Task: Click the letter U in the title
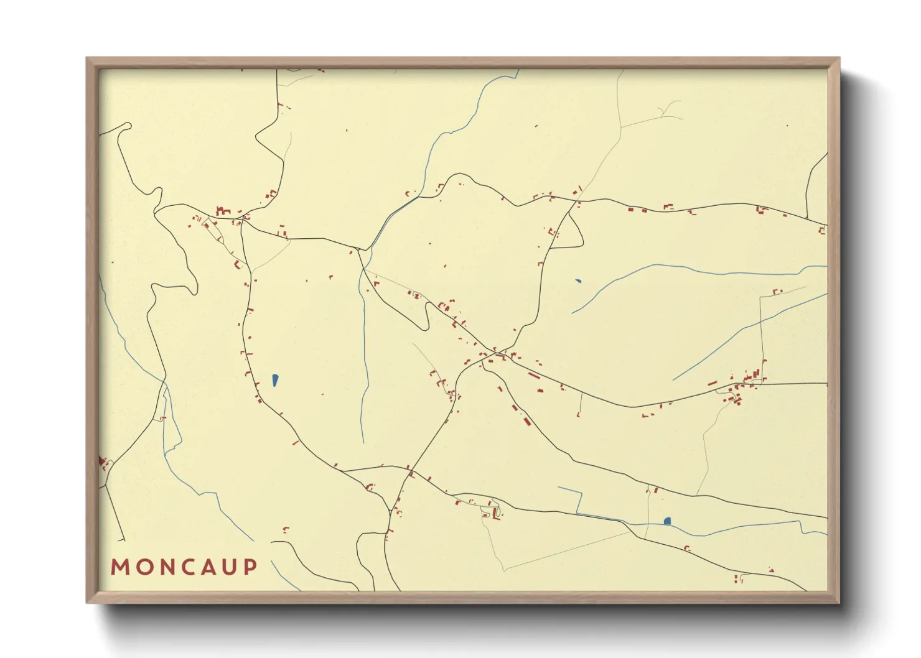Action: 230,567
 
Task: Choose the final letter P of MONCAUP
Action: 250,567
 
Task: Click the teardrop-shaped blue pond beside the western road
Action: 275,379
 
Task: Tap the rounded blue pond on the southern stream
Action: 668,521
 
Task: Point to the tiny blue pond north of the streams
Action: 578,280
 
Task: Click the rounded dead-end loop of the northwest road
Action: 128,126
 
